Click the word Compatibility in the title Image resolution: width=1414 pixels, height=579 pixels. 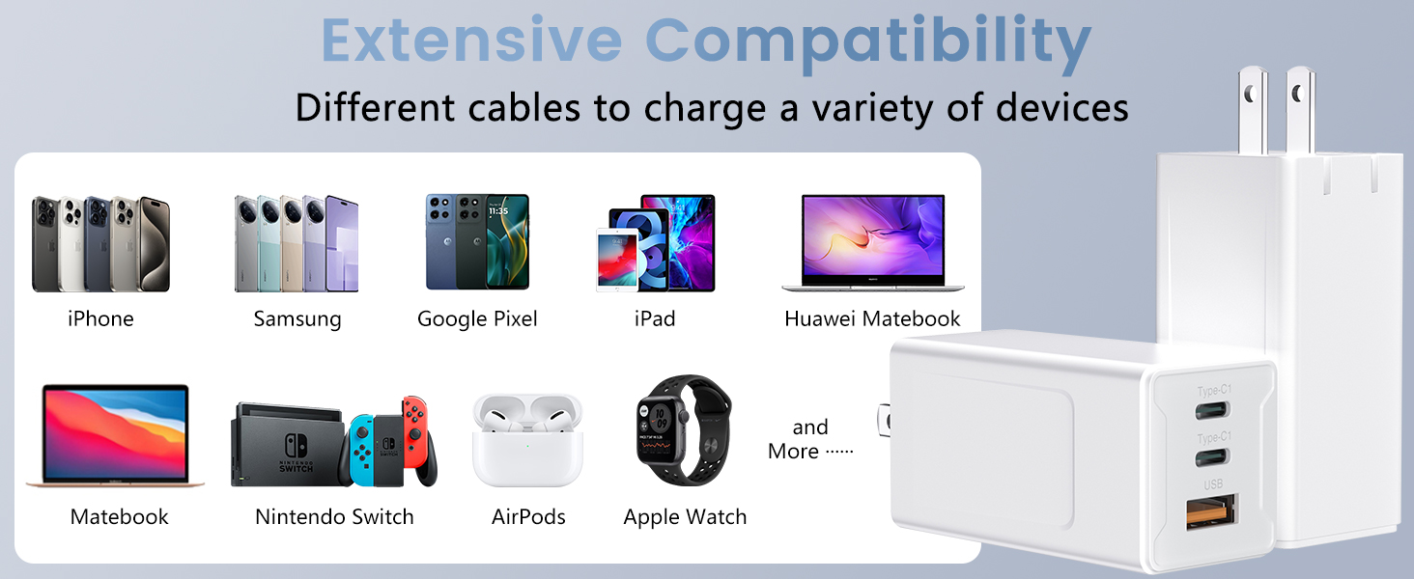tap(867, 42)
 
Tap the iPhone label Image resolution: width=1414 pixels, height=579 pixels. tap(100, 318)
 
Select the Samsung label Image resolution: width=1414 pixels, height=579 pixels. tap(297, 318)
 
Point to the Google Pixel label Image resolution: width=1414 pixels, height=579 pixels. tap(477, 318)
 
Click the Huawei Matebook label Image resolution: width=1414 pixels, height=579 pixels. tap(872, 318)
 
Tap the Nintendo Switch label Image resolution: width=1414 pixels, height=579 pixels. tap(334, 516)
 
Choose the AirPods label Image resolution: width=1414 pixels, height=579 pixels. tap(528, 516)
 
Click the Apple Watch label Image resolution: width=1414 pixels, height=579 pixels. tap(685, 516)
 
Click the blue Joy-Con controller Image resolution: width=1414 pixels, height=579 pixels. tap(363, 448)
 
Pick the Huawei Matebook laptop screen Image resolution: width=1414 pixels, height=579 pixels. tap(872, 236)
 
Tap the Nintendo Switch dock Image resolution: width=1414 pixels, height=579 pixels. tap(286, 443)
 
